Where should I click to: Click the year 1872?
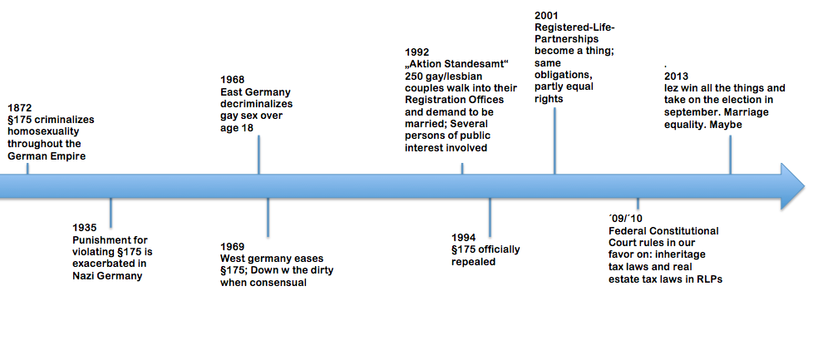point(19,108)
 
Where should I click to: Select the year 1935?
point(84,229)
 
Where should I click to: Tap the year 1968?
point(232,80)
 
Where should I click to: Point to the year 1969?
point(232,246)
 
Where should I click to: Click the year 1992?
point(416,52)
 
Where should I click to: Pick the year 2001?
point(547,15)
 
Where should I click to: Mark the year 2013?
point(676,76)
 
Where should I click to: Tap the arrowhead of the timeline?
point(792,186)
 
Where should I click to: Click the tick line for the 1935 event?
point(111,213)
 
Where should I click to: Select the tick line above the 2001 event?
point(554,141)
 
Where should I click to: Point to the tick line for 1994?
point(490,218)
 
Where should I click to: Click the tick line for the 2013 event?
point(730,155)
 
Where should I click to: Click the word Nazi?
point(83,277)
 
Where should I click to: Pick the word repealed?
point(474,262)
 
